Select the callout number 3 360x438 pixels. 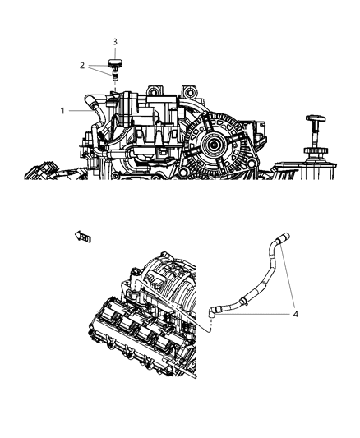tap(115, 41)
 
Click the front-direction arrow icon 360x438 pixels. tap(84, 237)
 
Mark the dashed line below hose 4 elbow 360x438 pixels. tap(212, 328)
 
